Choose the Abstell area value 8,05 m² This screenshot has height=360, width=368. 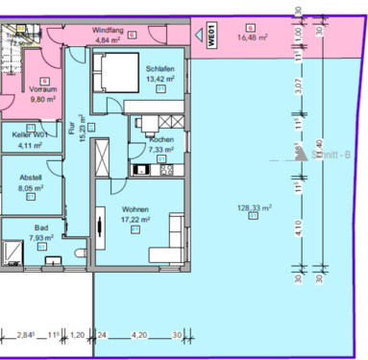click(x=32, y=190)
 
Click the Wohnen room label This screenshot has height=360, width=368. click(x=136, y=209)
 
